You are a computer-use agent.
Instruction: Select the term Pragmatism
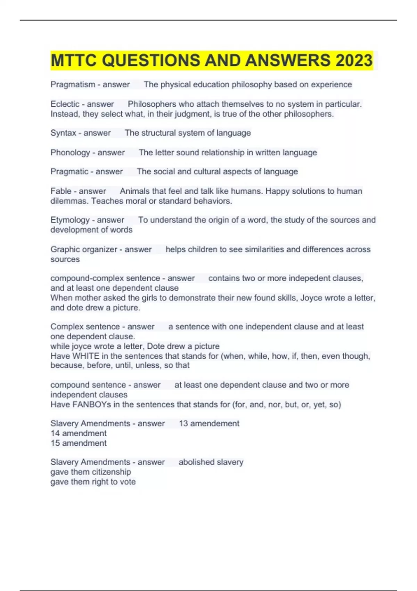pyautogui.click(x=73, y=84)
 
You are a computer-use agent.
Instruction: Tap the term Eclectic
pyautogui.click(x=65, y=104)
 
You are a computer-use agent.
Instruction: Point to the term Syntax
pyautogui.click(x=63, y=133)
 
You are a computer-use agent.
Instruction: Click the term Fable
pyautogui.click(x=60, y=191)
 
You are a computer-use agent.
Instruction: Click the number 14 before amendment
pyautogui.click(x=55, y=433)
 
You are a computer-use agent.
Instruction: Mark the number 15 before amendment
pyautogui.click(x=55, y=443)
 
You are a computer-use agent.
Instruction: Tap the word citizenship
pyautogui.click(x=109, y=472)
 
